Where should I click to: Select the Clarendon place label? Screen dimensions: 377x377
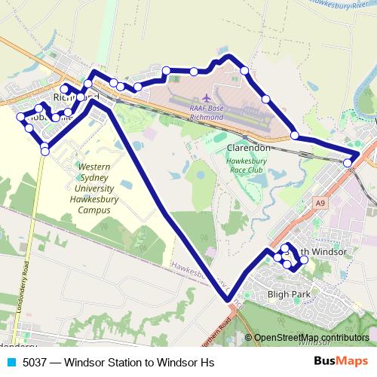[x=248, y=148]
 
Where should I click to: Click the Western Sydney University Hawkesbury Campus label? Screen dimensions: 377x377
[x=94, y=188]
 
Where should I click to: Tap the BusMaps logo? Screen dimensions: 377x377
[x=342, y=362]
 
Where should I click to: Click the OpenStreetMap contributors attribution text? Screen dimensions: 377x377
[x=311, y=338]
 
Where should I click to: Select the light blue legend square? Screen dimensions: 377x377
[x=11, y=363]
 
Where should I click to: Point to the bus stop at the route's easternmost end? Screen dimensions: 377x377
[x=348, y=163]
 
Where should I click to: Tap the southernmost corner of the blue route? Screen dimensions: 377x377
[x=230, y=300]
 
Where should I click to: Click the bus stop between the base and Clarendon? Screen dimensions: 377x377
[x=295, y=136]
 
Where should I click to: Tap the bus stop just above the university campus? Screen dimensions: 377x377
[x=45, y=151]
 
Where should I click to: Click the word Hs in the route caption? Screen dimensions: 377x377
[x=207, y=363]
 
